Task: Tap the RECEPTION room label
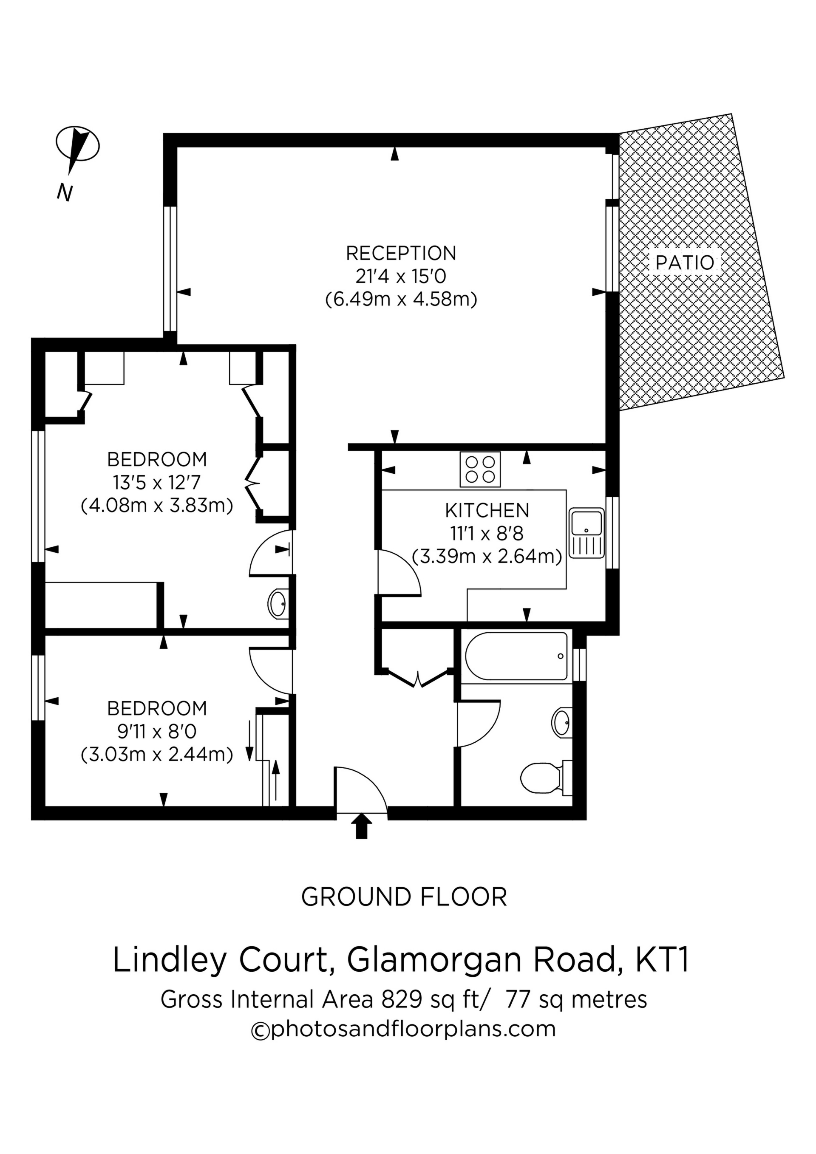point(401,253)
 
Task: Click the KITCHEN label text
point(487,511)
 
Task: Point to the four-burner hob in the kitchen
point(480,470)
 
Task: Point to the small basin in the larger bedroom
point(277,604)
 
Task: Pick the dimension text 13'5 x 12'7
point(156,483)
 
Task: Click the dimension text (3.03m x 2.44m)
point(156,755)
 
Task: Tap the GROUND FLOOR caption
point(404,897)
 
